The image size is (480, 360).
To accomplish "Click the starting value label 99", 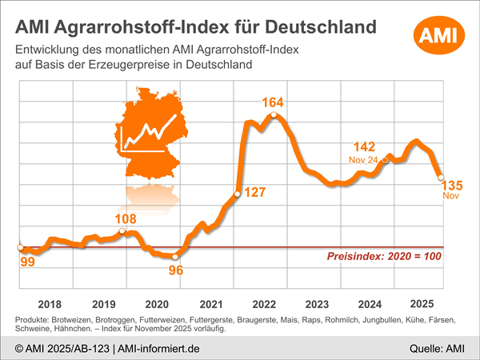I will (x=26, y=262).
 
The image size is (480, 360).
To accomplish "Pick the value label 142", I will (x=364, y=146).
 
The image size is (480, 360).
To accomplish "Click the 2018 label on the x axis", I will (x=50, y=304).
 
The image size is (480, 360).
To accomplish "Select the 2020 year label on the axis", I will (x=157, y=304).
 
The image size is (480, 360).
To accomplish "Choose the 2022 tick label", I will (x=264, y=304).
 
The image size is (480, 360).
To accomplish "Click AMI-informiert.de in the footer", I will (x=160, y=348).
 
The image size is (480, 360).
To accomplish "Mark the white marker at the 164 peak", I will (x=274, y=116).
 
